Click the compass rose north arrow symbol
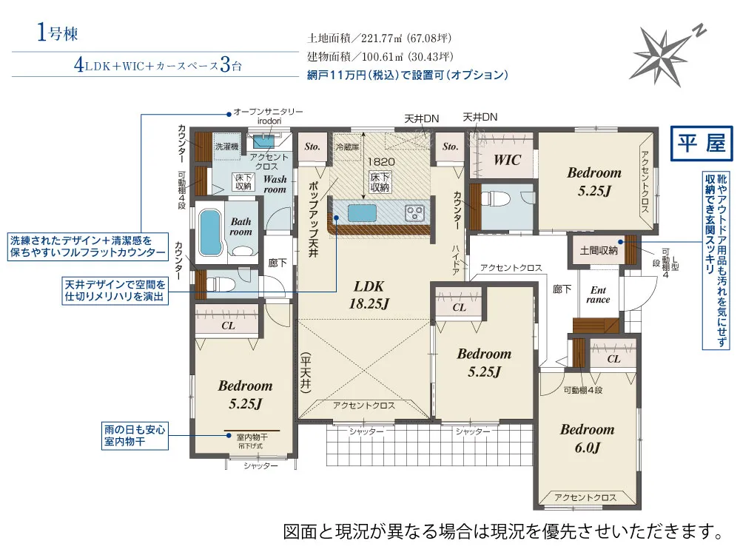(x=664, y=53)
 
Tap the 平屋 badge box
(x=700, y=144)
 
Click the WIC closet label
(x=507, y=160)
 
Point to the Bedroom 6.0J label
(x=587, y=438)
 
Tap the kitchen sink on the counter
(x=363, y=213)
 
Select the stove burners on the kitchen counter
(x=415, y=214)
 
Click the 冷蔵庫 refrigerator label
(x=347, y=147)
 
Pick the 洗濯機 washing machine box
(x=226, y=147)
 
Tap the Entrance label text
(x=598, y=295)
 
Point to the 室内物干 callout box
(x=135, y=435)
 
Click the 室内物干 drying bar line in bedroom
(x=252, y=431)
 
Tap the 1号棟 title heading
(x=56, y=33)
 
